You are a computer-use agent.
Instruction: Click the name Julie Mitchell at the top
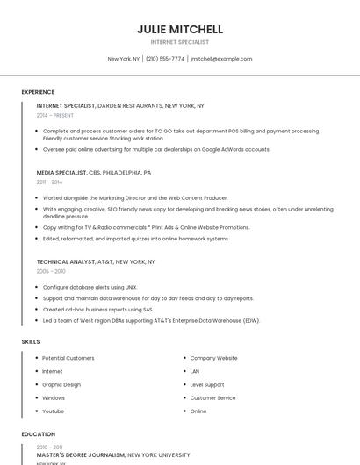180,29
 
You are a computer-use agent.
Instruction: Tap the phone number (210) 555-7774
165,59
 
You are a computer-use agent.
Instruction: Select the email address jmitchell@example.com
221,59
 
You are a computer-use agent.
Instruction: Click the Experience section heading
38,92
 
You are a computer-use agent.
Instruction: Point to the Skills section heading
31,341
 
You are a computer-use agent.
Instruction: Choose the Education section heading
39,434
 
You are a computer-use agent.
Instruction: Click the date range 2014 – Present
55,115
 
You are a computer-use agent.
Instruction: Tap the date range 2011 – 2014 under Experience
49,182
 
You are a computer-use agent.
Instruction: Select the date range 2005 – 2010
50,271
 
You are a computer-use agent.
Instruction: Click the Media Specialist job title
61,173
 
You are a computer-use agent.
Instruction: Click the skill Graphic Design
61,384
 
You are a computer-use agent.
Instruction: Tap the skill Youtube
54,411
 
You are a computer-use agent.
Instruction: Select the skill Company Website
214,358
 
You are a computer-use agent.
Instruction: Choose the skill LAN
195,371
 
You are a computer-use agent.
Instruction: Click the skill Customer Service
213,397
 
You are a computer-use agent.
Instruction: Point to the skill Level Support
207,384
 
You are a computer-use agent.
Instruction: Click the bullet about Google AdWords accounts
156,149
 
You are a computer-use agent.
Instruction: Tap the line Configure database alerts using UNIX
90,287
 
